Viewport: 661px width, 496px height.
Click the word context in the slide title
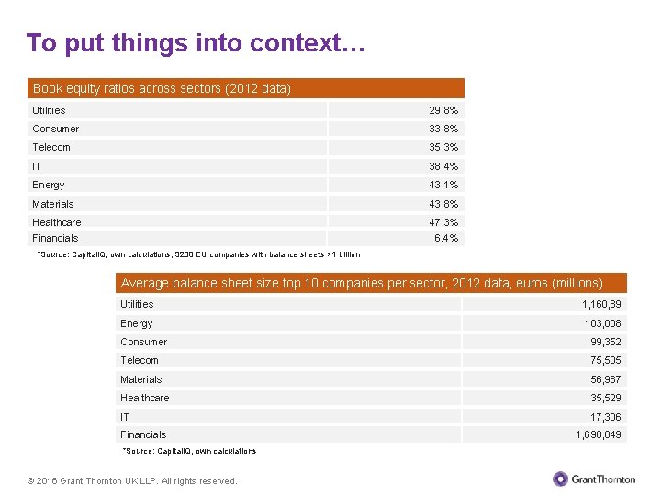click(307, 42)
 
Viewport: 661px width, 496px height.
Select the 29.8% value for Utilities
click(443, 110)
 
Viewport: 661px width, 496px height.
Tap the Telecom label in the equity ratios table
click(51, 147)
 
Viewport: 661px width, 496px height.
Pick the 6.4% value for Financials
click(446, 238)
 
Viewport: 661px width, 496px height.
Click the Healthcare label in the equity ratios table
click(57, 222)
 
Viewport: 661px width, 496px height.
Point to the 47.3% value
click(443, 222)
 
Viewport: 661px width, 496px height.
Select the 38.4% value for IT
click(443, 166)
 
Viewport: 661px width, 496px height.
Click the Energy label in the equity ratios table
click(49, 186)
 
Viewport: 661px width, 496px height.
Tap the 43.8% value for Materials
click(443, 204)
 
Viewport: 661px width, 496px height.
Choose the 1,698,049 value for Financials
click(599, 434)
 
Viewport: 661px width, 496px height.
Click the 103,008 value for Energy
click(603, 323)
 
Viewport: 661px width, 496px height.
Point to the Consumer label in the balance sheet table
click(144, 342)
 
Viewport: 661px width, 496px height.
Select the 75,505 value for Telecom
click(606, 360)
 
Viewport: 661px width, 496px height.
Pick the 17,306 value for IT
click(606, 417)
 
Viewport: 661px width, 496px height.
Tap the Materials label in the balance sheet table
click(140, 379)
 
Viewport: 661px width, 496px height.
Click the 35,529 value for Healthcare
click(606, 398)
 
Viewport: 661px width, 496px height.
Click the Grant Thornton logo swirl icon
click(560, 479)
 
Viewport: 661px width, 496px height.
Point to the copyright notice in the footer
click(132, 480)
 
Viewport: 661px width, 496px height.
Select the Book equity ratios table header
click(246, 88)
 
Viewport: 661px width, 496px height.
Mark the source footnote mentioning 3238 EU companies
click(198, 254)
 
